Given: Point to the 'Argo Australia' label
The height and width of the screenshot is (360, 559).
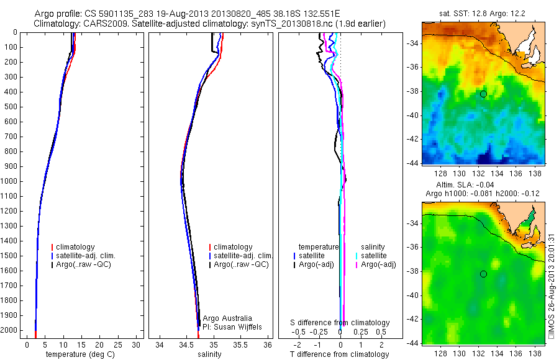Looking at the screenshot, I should (229, 317).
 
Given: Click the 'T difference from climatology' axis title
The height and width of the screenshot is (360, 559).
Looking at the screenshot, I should (340, 354).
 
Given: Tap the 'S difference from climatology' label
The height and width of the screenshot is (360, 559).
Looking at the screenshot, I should (340, 323).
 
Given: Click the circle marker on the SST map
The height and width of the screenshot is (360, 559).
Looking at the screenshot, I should (483, 94).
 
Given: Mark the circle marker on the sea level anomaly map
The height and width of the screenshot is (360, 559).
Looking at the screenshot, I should (483, 274).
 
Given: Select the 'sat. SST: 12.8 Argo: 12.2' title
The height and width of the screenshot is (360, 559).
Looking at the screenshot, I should (483, 14).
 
